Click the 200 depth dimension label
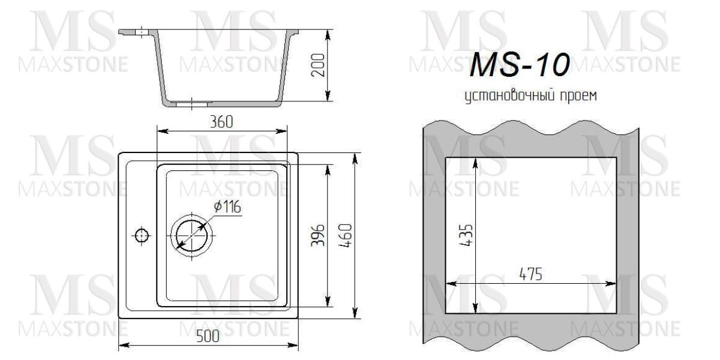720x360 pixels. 319,65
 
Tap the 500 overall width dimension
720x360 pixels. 208,337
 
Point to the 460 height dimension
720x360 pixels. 346,235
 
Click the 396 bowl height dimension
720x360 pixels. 319,236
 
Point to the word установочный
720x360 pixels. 502,96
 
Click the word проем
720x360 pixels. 577,96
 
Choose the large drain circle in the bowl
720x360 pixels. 192,235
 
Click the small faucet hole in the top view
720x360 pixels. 142,235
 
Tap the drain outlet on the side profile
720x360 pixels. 191,103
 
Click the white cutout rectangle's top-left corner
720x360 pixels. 445,158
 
